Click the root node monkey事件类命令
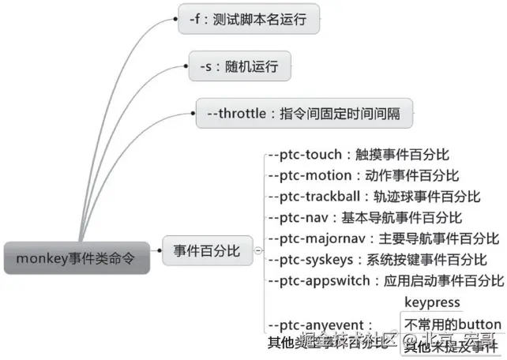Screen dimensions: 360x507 (76, 257)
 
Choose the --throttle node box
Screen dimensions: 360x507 (304, 113)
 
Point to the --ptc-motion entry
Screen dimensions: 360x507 (364, 176)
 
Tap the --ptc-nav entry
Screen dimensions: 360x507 (366, 217)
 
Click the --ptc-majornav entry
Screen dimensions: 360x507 (384, 238)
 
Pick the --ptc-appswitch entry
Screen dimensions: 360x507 (386, 279)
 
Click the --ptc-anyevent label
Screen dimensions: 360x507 (321, 324)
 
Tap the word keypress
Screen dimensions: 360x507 (432, 302)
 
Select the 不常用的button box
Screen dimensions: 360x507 (452, 324)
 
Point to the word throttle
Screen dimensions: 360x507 (243, 113)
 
